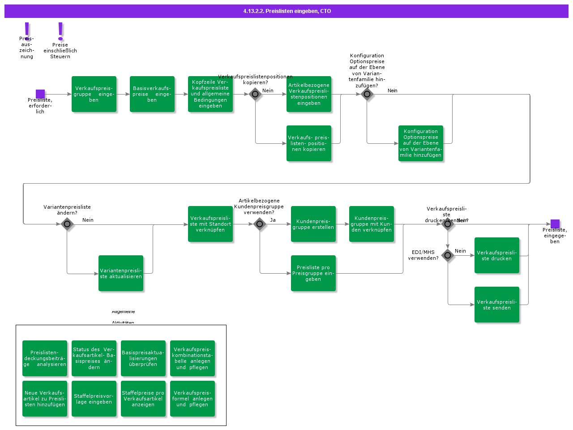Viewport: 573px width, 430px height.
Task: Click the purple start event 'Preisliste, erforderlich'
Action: pyautogui.click(x=40, y=94)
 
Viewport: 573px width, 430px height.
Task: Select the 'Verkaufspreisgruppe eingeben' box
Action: pyautogui.click(x=94, y=94)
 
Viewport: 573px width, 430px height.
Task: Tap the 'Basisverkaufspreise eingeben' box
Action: pyautogui.click(x=152, y=94)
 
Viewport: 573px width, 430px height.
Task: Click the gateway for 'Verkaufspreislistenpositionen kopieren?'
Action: pyautogui.click(x=255, y=94)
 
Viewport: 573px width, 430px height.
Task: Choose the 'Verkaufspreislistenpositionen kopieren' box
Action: pyautogui.click(x=309, y=143)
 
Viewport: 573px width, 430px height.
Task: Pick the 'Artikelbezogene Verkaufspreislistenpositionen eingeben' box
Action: pyautogui.click(x=309, y=94)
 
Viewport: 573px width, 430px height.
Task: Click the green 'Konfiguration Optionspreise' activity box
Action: pyautogui.click(x=421, y=143)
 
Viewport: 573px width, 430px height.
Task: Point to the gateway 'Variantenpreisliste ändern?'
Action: pyautogui.click(x=67, y=224)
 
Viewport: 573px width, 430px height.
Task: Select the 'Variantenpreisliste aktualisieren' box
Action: pyautogui.click(x=121, y=273)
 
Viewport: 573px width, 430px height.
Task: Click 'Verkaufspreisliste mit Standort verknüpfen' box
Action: pyautogui.click(x=210, y=224)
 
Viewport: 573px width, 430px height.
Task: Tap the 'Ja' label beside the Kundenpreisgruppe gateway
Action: pyautogui.click(x=273, y=220)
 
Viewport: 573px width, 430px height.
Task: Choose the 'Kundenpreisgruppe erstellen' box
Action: pyautogui.click(x=313, y=224)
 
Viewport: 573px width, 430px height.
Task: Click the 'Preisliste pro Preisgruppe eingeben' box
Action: pyautogui.click(x=313, y=273)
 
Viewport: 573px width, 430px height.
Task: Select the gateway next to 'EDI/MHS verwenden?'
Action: pyautogui.click(x=448, y=255)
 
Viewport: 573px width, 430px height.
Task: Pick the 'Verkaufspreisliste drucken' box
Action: pyautogui.click(x=497, y=255)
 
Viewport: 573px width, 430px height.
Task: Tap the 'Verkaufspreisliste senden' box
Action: pyautogui.click(x=497, y=305)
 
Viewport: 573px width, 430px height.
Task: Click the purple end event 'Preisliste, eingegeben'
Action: pyautogui.click(x=555, y=224)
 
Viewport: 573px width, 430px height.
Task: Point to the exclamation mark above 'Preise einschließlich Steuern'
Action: pyautogui.click(x=60, y=31)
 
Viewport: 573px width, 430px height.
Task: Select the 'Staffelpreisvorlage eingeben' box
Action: pyautogui.click(x=94, y=399)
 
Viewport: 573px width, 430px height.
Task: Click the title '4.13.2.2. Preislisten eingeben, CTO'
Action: pyautogui.click(x=287, y=11)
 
